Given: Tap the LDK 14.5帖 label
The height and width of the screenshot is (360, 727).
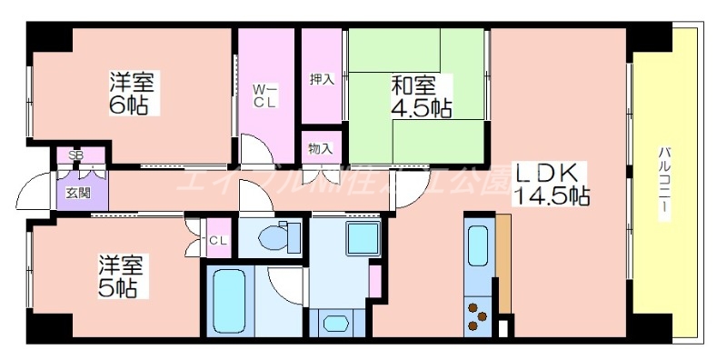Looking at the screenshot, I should click(x=553, y=183).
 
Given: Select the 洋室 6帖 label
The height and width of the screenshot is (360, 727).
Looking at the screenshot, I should click(x=131, y=92).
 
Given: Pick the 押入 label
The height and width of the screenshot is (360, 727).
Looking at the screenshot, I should click(x=322, y=79).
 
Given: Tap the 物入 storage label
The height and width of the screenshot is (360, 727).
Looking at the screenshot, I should click(x=321, y=148).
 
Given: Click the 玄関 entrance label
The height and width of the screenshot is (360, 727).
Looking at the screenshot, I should click(x=78, y=192).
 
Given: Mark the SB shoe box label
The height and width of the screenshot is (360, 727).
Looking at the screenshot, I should click(x=76, y=155).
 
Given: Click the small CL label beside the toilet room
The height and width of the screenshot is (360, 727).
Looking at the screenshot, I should click(x=218, y=240).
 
